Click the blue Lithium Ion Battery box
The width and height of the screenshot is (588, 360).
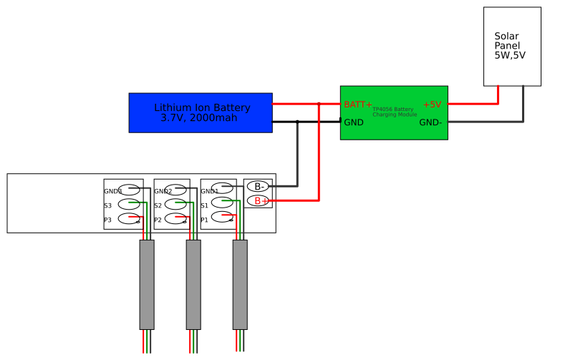[201, 112]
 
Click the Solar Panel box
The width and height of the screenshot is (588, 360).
[512, 47]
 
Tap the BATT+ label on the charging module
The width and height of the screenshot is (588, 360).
[358, 104]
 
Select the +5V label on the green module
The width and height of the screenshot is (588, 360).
[432, 104]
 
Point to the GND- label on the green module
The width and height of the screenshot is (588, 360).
[430, 122]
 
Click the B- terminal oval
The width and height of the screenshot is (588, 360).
[258, 187]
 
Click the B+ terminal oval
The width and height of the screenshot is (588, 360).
[258, 201]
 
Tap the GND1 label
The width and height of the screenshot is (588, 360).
[209, 191]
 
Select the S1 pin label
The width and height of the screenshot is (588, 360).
[204, 205]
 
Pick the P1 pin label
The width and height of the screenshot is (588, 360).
[204, 220]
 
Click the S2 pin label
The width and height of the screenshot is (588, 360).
[158, 205]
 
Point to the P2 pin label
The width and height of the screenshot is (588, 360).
[158, 220]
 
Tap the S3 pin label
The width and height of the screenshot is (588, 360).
[107, 205]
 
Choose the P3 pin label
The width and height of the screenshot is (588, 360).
[107, 220]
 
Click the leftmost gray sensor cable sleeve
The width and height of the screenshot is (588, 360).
[147, 284]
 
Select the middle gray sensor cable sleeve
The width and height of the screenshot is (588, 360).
[193, 284]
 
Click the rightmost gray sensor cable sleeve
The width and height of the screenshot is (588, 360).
[240, 284]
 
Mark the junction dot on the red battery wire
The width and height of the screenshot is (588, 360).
[319, 104]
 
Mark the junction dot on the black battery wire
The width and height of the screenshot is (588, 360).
[297, 122]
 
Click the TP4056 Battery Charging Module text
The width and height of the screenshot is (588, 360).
[394, 112]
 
